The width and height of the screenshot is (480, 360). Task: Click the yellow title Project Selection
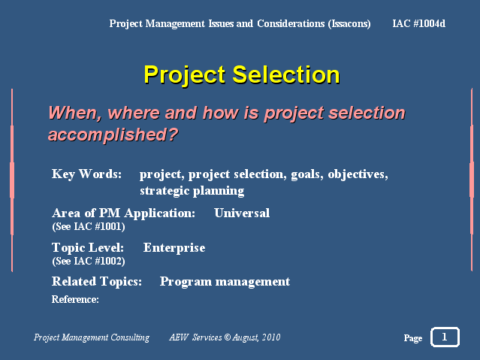click(x=242, y=74)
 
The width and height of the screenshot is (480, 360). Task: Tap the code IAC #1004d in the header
click(x=418, y=23)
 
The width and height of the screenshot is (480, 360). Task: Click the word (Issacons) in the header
click(x=349, y=23)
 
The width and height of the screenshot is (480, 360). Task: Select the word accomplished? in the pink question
click(x=113, y=135)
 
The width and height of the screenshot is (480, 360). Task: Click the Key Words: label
click(x=86, y=174)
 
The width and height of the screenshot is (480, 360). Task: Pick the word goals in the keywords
click(x=307, y=174)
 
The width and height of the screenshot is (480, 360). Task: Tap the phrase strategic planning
click(x=192, y=191)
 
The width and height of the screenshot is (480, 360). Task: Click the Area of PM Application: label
click(x=124, y=213)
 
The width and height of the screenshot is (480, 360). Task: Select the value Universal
click(x=242, y=213)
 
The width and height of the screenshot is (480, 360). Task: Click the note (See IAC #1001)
click(x=89, y=227)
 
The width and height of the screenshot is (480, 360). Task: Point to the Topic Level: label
click(x=88, y=247)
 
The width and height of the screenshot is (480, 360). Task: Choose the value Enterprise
click(x=174, y=248)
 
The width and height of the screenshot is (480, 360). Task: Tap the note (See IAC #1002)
click(x=89, y=262)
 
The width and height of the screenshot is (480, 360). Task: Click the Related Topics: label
click(x=97, y=282)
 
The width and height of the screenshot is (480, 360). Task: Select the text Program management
click(x=225, y=282)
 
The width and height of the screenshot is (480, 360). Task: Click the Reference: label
click(x=75, y=299)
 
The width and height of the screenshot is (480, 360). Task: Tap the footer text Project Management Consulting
click(x=92, y=337)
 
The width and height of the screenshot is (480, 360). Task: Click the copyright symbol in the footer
click(x=227, y=337)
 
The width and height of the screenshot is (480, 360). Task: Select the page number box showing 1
click(x=445, y=337)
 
